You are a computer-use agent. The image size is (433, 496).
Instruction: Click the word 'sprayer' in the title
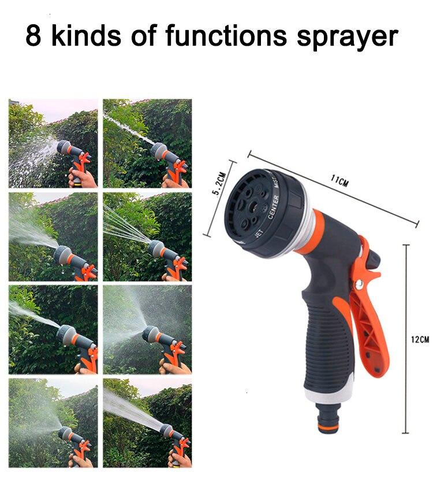click(x=348, y=36)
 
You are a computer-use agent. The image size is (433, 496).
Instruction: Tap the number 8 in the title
click(x=33, y=36)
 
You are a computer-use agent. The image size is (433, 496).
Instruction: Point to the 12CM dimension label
click(x=420, y=339)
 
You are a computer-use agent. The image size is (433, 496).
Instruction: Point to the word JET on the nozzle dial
click(x=261, y=233)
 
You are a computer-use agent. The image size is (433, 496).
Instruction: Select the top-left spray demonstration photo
click(x=53, y=143)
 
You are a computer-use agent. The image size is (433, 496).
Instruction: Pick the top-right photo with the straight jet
click(x=147, y=143)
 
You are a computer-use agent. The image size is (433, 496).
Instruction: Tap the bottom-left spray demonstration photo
click(x=53, y=422)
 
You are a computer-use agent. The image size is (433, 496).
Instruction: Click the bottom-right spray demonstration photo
click(x=147, y=422)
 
